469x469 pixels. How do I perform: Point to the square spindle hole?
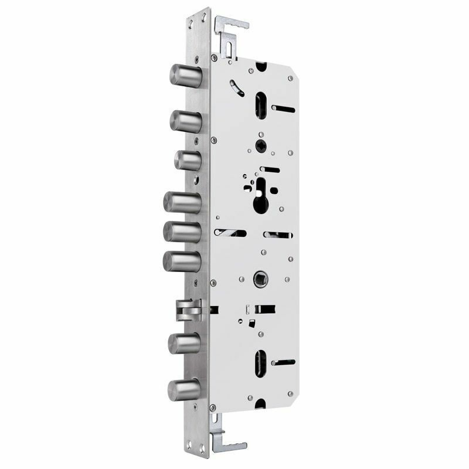pyautogui.click(x=259, y=277)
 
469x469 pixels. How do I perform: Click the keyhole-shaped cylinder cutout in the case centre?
pyautogui.click(x=259, y=196)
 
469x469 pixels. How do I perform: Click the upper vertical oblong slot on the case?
pyautogui.click(x=260, y=105)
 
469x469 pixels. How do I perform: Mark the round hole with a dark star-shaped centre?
pyautogui.click(x=259, y=144)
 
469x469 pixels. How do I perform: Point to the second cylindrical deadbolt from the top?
pyautogui.click(x=185, y=120)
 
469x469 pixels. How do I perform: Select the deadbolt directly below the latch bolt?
pyautogui.click(x=183, y=342)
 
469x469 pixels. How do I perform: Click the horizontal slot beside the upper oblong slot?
pyautogui.click(x=284, y=108)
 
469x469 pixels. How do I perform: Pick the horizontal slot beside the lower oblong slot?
pyautogui.click(x=284, y=363)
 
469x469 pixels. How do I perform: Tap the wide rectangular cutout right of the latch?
pyautogui.click(x=266, y=308)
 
